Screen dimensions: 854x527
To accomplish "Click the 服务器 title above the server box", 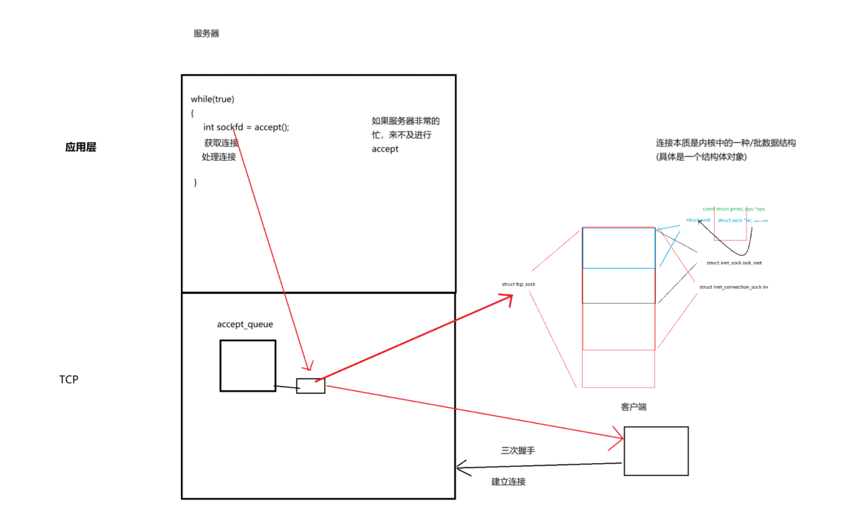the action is point(206,34).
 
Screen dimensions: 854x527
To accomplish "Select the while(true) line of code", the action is point(212,99).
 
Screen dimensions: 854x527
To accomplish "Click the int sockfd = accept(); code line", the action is point(246,127).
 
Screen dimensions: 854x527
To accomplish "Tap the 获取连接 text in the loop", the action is point(221,143).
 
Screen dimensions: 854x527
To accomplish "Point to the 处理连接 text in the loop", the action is point(218,157).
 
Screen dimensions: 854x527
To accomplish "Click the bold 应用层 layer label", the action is point(80,147).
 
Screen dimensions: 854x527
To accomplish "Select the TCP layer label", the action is point(69,379).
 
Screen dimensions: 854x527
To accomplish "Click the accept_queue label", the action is point(245,324).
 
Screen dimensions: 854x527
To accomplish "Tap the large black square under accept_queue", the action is point(248,366).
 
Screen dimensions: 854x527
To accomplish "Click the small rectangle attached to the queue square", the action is point(310,386).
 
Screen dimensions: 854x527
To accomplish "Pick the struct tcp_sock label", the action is point(518,284).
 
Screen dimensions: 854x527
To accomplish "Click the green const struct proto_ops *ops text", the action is point(733,209).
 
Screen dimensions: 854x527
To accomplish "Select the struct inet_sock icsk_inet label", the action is point(734,263).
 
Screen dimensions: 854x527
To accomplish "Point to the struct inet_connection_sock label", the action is point(733,287).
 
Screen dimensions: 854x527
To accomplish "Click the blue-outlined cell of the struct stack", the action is point(619,248).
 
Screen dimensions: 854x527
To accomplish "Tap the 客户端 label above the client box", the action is point(633,407).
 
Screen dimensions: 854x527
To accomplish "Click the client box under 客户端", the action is point(656,451).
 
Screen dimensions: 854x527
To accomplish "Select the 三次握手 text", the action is point(518,450).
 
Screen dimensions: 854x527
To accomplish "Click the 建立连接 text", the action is point(508,482).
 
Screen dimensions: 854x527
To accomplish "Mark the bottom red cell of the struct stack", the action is point(619,369).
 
